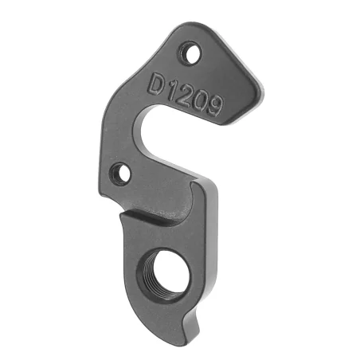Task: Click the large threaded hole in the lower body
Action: tap(168, 273)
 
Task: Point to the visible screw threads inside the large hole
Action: tap(177, 279)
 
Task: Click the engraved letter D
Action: tap(156, 84)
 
